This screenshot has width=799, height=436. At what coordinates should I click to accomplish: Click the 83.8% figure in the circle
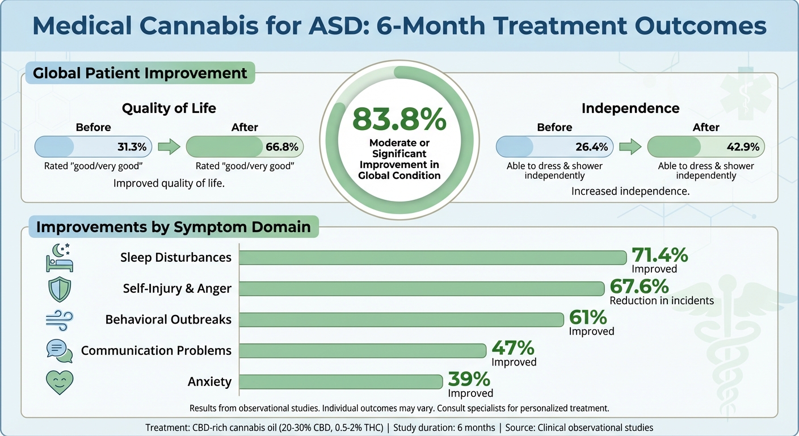(x=399, y=120)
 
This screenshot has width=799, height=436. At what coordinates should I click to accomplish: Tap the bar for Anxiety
(x=340, y=381)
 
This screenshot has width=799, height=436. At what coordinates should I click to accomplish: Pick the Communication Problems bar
(x=363, y=350)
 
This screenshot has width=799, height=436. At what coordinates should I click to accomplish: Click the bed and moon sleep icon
(x=60, y=257)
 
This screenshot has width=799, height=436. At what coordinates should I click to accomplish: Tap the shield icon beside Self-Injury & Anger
(x=60, y=288)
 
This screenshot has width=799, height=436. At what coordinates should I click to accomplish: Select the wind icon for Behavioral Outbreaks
(x=60, y=319)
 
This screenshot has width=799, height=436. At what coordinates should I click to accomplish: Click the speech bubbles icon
(x=60, y=350)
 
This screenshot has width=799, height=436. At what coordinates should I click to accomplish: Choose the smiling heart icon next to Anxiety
(x=60, y=381)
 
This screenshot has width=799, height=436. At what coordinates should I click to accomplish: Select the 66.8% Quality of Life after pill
(x=245, y=147)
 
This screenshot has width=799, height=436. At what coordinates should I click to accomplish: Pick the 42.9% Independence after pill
(x=706, y=147)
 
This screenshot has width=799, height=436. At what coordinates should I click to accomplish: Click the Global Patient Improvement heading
(x=140, y=73)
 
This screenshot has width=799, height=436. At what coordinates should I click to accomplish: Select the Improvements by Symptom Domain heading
(x=173, y=227)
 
